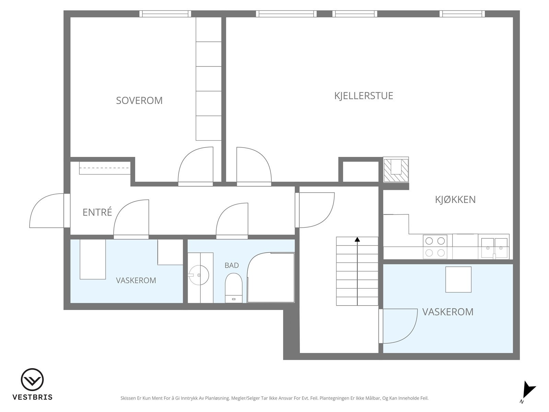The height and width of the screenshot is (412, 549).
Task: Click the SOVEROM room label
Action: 139,101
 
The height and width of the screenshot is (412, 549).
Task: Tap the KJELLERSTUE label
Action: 364,96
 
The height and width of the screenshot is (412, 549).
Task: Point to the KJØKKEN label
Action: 455,199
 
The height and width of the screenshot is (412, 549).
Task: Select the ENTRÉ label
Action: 97,212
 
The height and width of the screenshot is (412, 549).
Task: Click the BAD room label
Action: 232,265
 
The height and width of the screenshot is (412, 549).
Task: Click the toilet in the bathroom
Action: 234,288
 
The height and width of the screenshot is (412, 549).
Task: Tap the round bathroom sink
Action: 199,275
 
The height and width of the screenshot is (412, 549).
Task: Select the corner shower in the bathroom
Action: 271,278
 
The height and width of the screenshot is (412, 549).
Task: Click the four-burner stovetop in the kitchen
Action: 435,247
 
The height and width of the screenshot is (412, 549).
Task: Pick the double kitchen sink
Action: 494,248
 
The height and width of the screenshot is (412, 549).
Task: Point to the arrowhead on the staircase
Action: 357,239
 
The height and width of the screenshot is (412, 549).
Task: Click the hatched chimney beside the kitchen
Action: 396,170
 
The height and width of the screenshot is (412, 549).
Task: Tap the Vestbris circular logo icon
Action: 32,380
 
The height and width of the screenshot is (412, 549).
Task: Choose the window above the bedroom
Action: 165,13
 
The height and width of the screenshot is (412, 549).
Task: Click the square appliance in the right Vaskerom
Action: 458,279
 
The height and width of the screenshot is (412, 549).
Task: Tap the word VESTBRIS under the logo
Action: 33,397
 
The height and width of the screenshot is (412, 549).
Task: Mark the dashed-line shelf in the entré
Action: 105,168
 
